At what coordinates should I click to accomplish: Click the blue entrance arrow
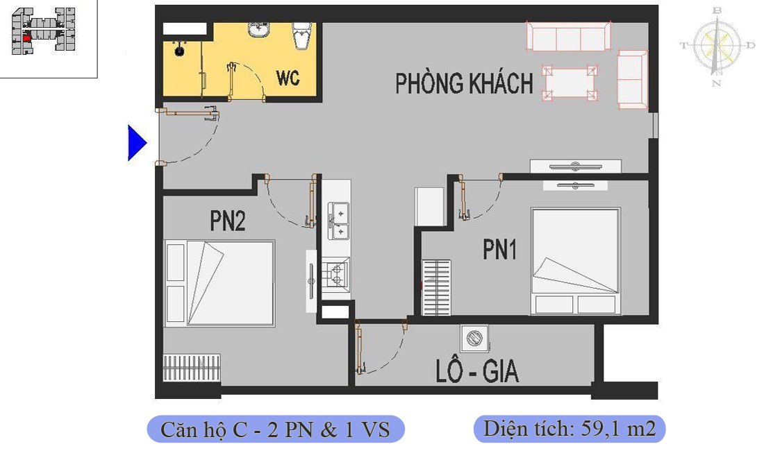136,143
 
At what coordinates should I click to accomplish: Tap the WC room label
288,78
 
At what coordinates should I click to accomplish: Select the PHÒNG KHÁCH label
464,83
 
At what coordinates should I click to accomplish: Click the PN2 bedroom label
228,221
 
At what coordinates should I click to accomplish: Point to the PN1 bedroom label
500,250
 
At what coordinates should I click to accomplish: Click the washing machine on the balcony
474,339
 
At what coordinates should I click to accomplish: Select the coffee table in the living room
570,83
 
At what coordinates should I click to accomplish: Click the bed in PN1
575,260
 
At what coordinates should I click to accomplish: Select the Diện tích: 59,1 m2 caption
569,429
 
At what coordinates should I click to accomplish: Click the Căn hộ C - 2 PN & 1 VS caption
275,429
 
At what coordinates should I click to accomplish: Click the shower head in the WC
179,49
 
